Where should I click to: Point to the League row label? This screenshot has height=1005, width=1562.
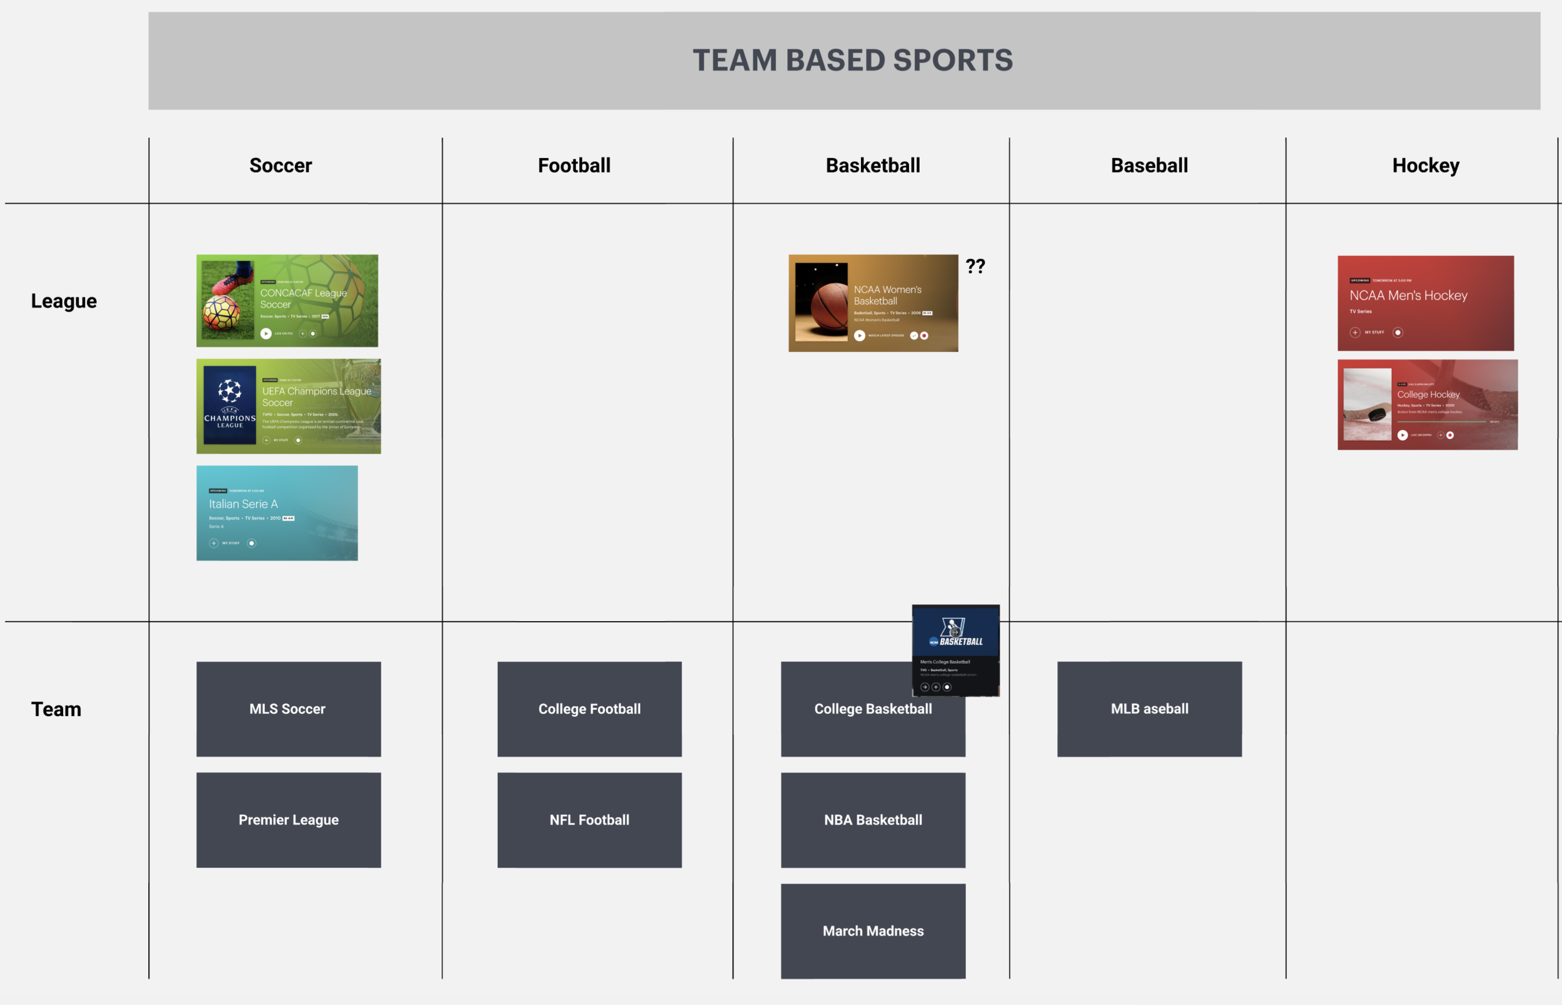point(63,301)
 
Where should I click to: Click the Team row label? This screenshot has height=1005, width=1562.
point(56,708)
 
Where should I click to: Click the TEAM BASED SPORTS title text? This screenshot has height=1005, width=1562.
point(852,60)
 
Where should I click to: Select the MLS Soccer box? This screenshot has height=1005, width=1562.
point(288,708)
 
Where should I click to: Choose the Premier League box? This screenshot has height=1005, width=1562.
point(288,820)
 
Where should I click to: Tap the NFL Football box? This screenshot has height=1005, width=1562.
point(589,820)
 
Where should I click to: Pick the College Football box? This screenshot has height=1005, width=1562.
point(589,708)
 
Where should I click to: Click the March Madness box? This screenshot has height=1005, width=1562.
point(872,931)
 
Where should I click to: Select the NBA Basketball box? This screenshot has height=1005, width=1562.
point(872,820)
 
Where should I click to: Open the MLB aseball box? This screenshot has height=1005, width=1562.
point(1148,708)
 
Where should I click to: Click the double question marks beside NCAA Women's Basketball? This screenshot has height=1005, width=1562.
point(975,267)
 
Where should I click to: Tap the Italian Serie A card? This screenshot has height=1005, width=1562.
point(277,513)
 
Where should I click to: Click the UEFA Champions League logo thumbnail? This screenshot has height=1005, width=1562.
point(229,404)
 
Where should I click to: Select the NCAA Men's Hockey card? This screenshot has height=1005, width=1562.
point(1425,303)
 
